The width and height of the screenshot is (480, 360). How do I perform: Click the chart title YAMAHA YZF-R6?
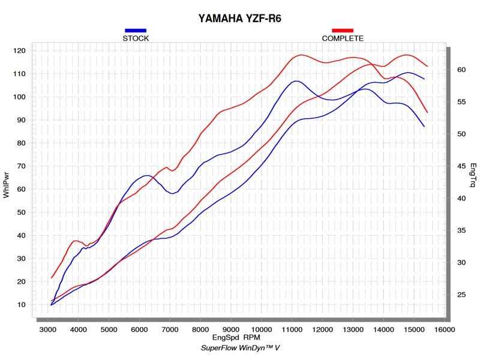(x=239, y=18)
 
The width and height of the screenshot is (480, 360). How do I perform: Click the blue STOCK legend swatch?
(x=136, y=30)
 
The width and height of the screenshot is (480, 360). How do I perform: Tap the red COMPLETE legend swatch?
(x=343, y=30)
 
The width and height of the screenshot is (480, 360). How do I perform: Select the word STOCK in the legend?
(x=136, y=38)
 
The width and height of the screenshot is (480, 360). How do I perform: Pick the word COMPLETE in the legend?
(x=343, y=38)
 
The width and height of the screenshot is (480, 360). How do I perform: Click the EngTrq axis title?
(x=473, y=174)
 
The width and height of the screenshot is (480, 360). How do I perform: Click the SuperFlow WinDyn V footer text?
(x=239, y=349)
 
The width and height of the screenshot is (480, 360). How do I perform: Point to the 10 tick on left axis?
(x=22, y=305)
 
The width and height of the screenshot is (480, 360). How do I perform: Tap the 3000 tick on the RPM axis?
(x=47, y=330)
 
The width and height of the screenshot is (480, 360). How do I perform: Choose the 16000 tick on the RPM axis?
(x=444, y=330)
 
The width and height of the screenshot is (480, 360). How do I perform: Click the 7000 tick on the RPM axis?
(x=170, y=330)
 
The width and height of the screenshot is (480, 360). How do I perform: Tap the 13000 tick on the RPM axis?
(x=353, y=330)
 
